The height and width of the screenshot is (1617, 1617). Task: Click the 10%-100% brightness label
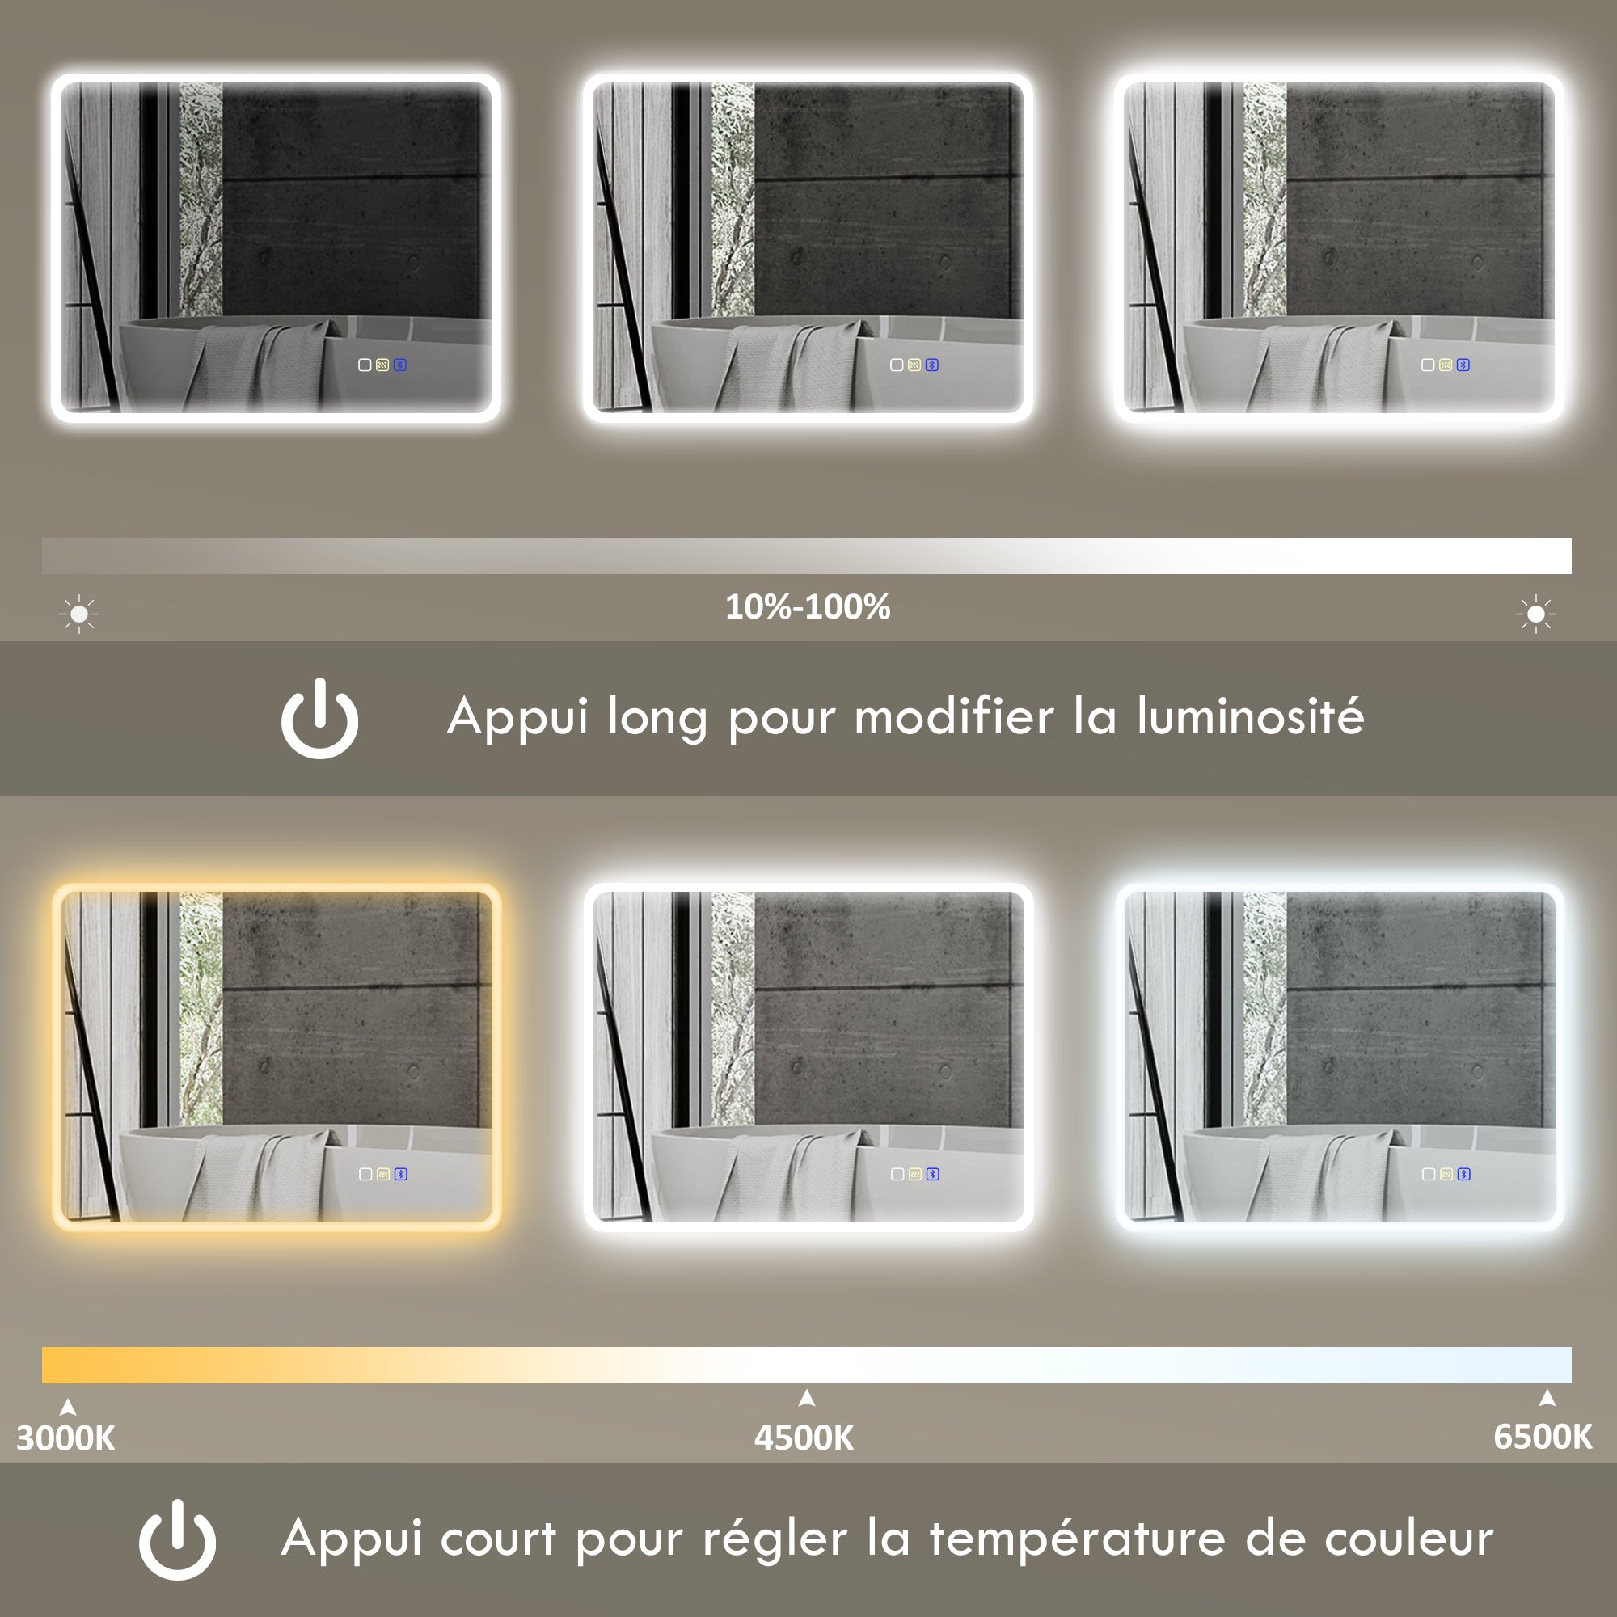click(x=808, y=607)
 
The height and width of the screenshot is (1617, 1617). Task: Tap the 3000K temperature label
click(x=65, y=1438)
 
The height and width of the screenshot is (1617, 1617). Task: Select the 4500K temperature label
click(x=804, y=1438)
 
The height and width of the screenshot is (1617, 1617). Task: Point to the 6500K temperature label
click(x=1543, y=1436)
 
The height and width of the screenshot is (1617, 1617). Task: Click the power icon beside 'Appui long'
click(x=319, y=718)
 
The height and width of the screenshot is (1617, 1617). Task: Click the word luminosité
click(x=1251, y=717)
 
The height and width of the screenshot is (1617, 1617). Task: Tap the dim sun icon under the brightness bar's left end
click(x=79, y=614)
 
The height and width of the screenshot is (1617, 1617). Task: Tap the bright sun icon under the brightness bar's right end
click(x=1536, y=614)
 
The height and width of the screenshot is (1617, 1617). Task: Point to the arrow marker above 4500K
click(x=807, y=1398)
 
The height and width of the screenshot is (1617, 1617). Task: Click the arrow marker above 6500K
click(x=1547, y=1398)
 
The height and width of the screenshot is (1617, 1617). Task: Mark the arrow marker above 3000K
click(x=69, y=1408)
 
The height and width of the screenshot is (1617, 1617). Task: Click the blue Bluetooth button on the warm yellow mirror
click(x=401, y=1174)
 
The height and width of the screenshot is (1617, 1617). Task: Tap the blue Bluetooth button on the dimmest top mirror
click(x=400, y=365)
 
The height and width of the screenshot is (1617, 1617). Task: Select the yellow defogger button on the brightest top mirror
click(x=1446, y=365)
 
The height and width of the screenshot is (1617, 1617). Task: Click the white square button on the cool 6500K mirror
click(x=1429, y=1174)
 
